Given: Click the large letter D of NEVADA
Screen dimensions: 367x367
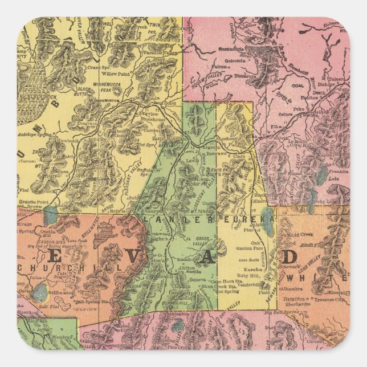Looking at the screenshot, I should (289, 256).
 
